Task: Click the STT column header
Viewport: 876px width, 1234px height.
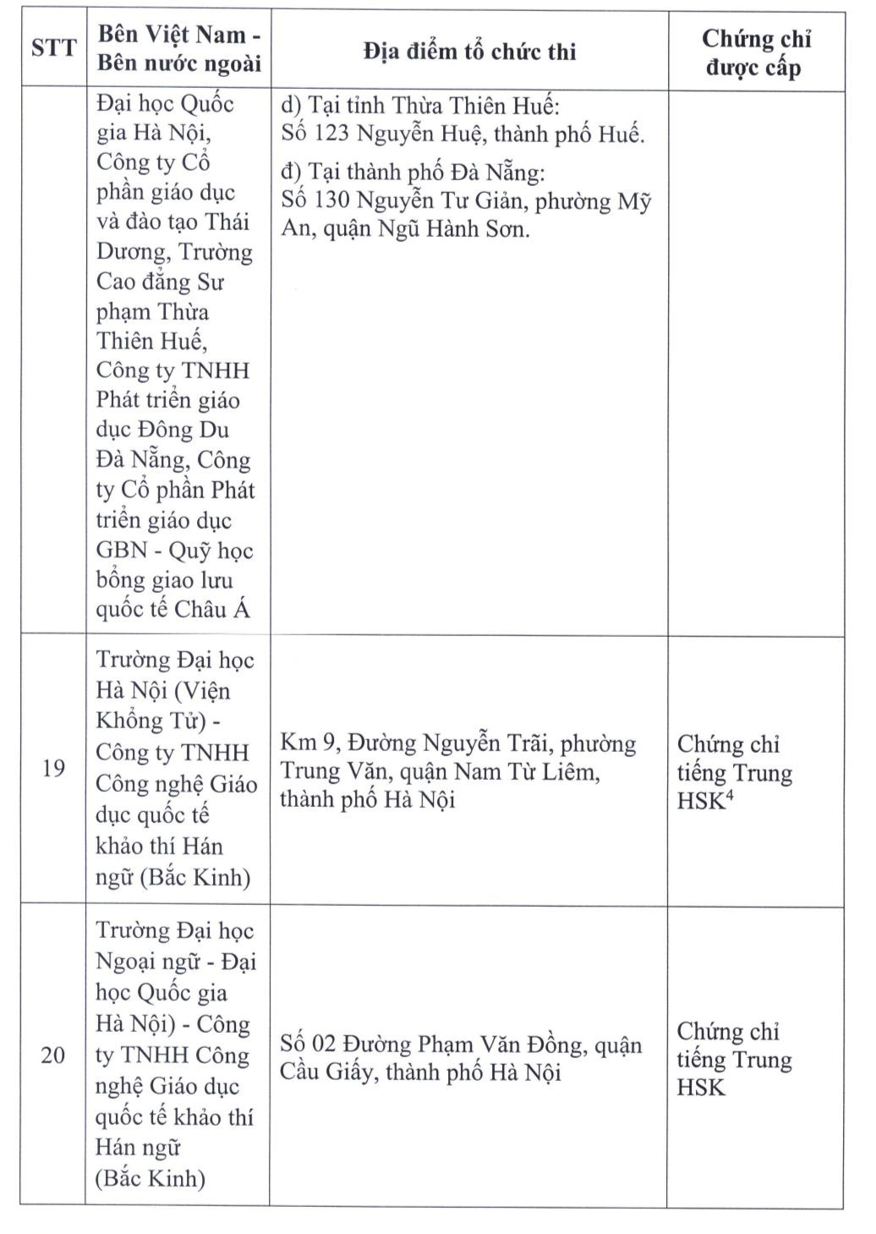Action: pos(53,48)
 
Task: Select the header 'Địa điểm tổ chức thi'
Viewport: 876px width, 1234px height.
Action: pos(469,52)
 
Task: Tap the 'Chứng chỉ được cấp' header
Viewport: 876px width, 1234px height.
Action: pos(756,52)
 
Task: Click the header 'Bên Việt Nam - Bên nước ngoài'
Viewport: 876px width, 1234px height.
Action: pos(178,49)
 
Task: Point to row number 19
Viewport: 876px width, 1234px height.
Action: pos(53,770)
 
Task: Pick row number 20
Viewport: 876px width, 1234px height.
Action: pos(53,1056)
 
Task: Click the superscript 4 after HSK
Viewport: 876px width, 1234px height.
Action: pos(729,794)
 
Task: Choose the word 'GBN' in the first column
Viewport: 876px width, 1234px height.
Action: pos(120,551)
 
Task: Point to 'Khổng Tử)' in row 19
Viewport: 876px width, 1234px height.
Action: pos(151,721)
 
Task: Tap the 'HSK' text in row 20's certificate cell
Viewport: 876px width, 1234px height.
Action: pos(701,1088)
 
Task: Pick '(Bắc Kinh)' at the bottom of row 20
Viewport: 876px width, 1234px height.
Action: pos(151,1178)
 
